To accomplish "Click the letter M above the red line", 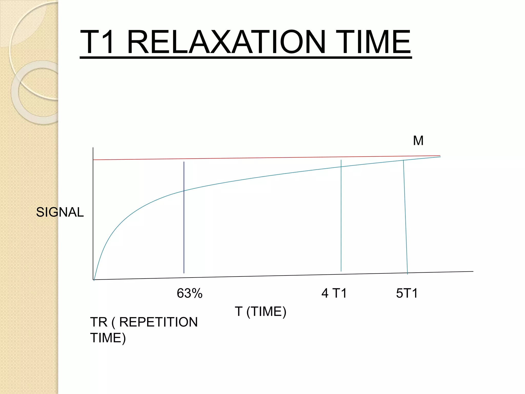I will pos(418,141).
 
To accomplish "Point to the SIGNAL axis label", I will pos(60,212).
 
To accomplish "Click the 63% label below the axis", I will pos(189,293).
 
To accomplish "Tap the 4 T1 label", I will pos(334,293).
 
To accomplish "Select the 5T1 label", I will pos(407,293).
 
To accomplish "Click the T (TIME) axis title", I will pos(260,312).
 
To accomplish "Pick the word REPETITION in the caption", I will pos(158,322).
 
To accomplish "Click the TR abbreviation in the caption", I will pos(99,322).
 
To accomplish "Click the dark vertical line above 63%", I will pos(184,231).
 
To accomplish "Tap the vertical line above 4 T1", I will pos(341,218).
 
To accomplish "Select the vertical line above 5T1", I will pos(405,218).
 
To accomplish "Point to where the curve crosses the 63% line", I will pos(184,191).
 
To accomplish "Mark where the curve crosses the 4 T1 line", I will pos(341,167).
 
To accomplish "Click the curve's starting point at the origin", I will pos(94,279).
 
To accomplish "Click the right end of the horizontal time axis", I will pos(472,271).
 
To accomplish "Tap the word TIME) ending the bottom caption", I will pos(108,338).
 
